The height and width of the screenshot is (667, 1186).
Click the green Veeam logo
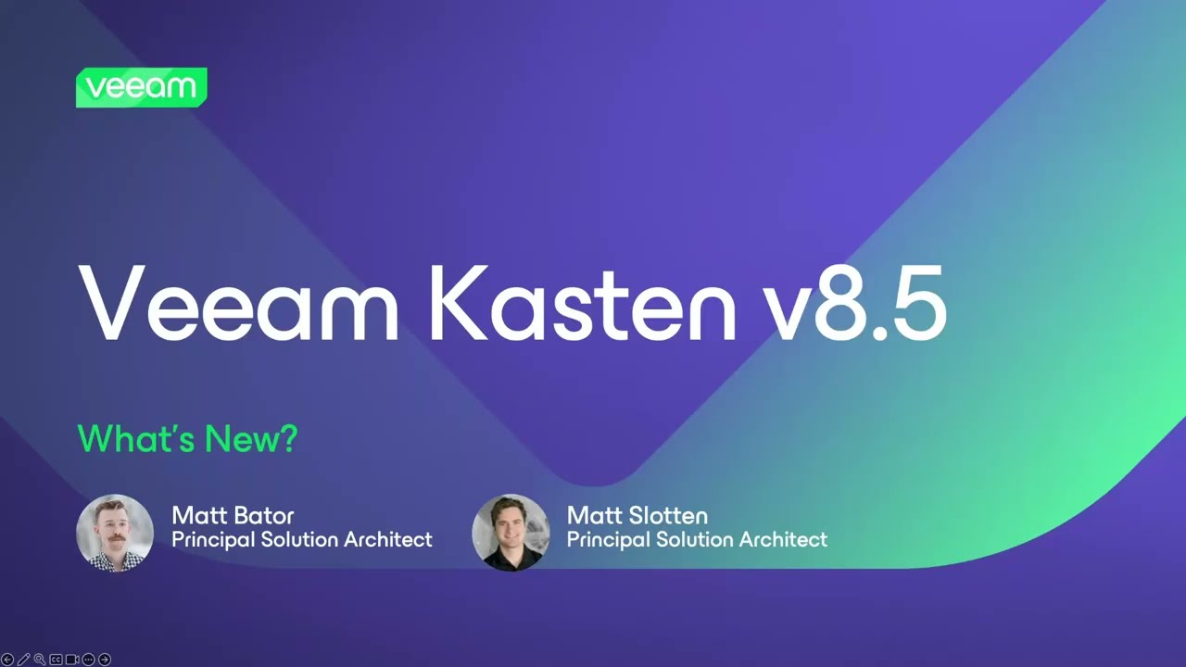tap(141, 87)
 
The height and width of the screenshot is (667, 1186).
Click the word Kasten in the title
tap(581, 302)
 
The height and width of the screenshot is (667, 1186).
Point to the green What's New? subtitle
tap(187, 438)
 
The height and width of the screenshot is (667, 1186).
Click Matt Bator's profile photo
tap(115, 533)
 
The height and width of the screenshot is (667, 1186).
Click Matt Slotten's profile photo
tap(511, 533)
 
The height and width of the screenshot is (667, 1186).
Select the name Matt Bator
tap(233, 515)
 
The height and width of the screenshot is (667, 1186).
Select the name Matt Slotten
tap(637, 515)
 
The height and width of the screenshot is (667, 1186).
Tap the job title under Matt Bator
tap(302, 539)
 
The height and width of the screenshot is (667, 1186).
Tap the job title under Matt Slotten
tap(697, 539)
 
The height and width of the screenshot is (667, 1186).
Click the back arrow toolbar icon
tap(7, 660)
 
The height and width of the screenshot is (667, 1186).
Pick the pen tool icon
tap(24, 660)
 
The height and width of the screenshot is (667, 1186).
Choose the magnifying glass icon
tap(40, 660)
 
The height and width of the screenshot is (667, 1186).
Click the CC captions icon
tap(57, 660)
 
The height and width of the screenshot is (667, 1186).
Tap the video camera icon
tap(72, 660)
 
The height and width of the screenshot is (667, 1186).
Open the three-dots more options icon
tap(89, 660)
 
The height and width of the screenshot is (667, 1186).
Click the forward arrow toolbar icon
tap(105, 660)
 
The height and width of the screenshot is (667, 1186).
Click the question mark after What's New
tap(288, 438)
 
